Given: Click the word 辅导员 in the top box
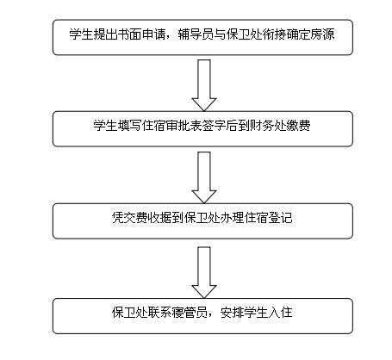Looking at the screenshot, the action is click(196, 34).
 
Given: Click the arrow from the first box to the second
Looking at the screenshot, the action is click(204, 85).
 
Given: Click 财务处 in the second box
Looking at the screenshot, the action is click(268, 126).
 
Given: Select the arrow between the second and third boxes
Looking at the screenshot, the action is click(204, 177).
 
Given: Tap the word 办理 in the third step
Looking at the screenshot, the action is click(232, 218).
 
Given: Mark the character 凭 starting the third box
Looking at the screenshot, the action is click(118, 218).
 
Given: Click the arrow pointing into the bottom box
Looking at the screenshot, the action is click(204, 272).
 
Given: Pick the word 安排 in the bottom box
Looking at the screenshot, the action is click(232, 313).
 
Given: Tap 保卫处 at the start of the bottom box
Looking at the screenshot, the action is click(130, 313).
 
